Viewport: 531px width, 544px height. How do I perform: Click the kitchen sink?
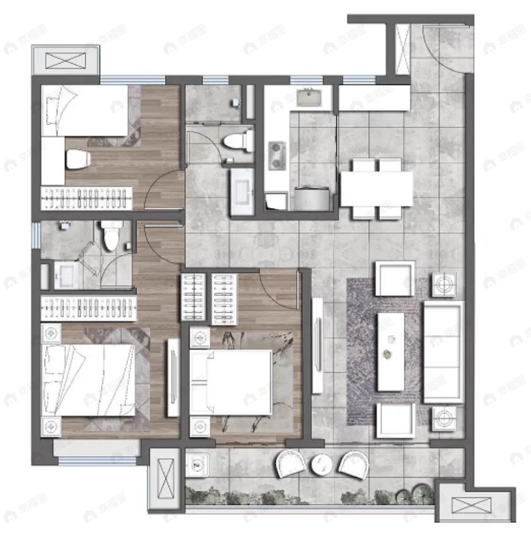click(x=310, y=98)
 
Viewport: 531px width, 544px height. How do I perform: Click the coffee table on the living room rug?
click(x=390, y=352)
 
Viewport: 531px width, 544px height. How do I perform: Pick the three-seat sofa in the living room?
click(x=443, y=351)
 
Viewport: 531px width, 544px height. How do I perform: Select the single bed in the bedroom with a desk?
click(x=85, y=110)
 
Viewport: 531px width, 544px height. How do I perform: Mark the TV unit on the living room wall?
click(x=317, y=345)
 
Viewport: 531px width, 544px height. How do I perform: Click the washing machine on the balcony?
click(x=197, y=467)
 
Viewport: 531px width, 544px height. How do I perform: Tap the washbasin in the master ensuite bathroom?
click(x=66, y=276)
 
